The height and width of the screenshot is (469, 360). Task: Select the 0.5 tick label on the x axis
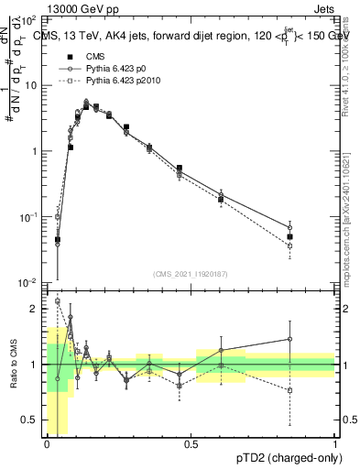pos(191,443)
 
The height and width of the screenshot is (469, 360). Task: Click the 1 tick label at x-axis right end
pos(335,443)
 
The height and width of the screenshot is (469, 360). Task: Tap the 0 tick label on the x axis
pos(47,443)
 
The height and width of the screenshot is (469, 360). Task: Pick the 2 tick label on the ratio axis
pos(36,309)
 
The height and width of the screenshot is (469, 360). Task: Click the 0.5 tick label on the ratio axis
pos(31,420)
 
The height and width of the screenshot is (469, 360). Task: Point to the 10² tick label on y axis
pos(30,18)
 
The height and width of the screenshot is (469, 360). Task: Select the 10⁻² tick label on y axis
pos(30,283)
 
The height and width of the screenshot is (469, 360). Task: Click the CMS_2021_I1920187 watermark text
pos(191,274)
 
